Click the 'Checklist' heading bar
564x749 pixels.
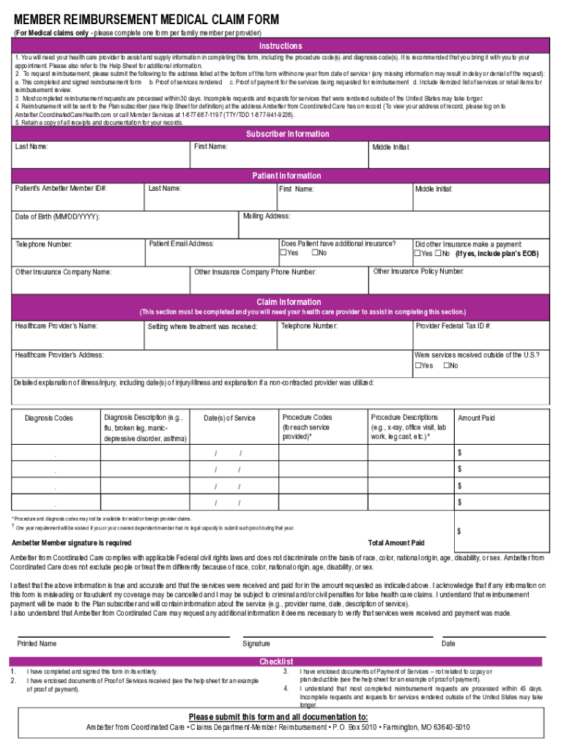click(276, 661)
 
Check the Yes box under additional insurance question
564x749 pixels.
click(283, 253)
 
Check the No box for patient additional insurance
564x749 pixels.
click(314, 253)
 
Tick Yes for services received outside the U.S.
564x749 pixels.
click(418, 366)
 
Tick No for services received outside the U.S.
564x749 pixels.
click(447, 366)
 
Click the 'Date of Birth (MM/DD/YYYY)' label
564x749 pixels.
click(57, 217)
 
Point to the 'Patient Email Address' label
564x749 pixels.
click(182, 244)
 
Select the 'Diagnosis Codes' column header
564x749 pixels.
click(49, 418)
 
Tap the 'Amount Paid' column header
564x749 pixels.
click(476, 418)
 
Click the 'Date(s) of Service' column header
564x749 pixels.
click(229, 418)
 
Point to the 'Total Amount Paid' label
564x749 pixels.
click(396, 543)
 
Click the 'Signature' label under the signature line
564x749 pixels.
click(256, 644)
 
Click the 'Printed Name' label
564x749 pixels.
click(37, 644)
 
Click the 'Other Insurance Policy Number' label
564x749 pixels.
click(418, 271)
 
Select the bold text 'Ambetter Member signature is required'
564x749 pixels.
click(72, 543)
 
